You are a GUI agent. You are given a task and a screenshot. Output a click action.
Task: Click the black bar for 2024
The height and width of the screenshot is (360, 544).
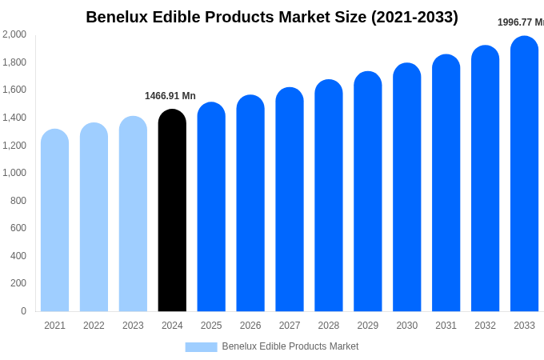click(172, 212)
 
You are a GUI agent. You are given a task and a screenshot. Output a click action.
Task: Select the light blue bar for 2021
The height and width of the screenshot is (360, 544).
click(54, 222)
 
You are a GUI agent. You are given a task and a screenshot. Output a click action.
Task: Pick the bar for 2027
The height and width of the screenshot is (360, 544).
click(290, 200)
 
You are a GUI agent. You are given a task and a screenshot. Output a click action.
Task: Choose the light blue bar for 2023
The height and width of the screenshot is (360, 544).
click(133, 214)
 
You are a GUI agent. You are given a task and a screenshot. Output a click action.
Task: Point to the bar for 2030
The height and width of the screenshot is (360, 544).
click(406, 188)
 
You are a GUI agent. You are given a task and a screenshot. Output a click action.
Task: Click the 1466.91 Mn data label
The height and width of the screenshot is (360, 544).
click(170, 96)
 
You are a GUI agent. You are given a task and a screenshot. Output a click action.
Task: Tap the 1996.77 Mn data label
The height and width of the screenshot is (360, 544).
click(520, 22)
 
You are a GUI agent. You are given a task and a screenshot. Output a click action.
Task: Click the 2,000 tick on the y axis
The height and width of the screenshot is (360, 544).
click(14, 34)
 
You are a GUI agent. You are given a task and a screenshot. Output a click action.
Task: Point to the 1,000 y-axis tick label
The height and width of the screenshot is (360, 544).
click(14, 173)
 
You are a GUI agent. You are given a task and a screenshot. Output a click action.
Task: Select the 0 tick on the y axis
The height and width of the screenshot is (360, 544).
click(23, 311)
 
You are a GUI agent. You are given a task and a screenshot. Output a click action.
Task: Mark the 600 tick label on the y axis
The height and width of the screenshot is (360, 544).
click(18, 228)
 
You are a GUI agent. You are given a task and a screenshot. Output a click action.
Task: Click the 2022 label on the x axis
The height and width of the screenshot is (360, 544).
click(94, 326)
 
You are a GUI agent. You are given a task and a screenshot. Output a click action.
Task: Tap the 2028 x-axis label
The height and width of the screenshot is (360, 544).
click(329, 326)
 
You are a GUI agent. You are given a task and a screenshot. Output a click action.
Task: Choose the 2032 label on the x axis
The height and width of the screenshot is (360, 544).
click(485, 326)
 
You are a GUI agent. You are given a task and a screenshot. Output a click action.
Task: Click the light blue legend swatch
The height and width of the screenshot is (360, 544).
click(201, 347)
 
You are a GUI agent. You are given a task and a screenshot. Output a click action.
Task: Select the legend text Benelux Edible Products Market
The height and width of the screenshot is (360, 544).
click(290, 346)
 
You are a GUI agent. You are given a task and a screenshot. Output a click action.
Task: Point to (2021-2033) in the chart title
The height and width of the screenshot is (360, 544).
click(414, 17)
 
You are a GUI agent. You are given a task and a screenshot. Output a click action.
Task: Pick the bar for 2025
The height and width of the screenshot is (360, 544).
click(211, 207)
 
